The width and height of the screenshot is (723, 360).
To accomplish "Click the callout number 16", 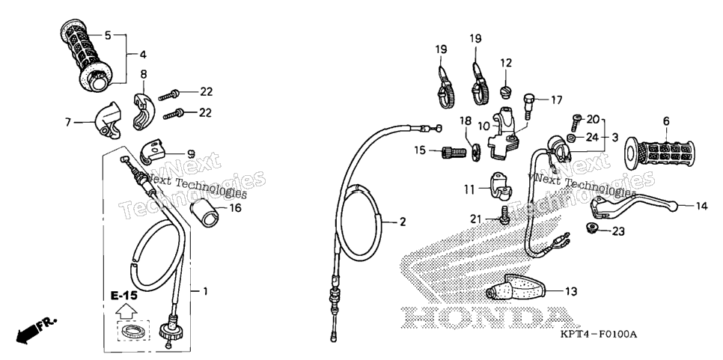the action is point(235,208).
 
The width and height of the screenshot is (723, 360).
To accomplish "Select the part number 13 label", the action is point(571,291).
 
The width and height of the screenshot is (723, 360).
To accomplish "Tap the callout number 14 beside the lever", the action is point(701,207).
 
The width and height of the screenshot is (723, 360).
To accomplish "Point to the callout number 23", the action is point(619,231).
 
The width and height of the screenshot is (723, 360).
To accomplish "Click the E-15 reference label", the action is point(124,296).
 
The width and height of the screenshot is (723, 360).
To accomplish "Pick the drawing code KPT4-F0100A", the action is point(599,335).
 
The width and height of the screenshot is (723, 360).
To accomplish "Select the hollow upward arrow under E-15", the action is point(125,313).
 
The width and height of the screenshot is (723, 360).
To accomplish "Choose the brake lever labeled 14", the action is point(633,204).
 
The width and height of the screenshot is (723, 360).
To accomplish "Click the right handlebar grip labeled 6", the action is point(659,153).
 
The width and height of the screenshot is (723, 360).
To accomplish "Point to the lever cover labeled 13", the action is point(516,287).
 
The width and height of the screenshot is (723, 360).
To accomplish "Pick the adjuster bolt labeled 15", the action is point(454,152).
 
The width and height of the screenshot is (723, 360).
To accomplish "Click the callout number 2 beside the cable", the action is point(403,222).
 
